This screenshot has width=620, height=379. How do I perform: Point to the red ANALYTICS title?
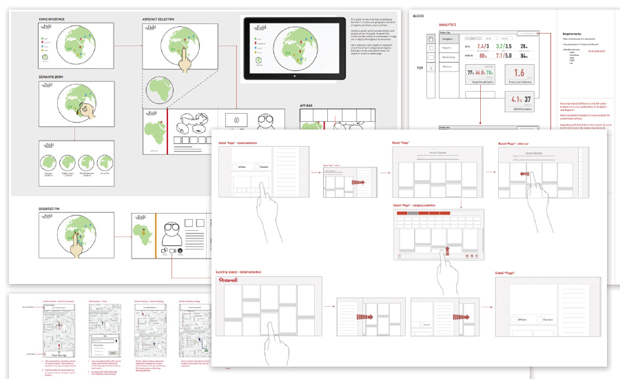pos(448,25)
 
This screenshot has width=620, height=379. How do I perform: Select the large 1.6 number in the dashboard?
pos(518,72)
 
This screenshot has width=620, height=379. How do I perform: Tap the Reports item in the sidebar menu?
pos(447,48)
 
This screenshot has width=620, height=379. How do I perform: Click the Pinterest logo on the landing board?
pos(229,281)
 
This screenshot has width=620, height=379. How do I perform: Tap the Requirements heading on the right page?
pos(573,34)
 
